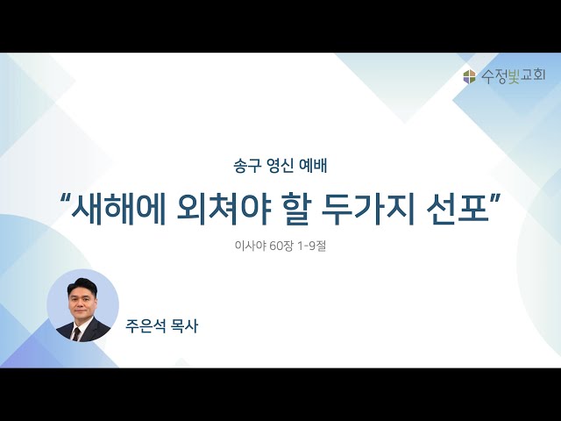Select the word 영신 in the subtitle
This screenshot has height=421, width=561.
[x=274, y=162]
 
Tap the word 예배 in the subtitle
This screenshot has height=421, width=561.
[x=312, y=162]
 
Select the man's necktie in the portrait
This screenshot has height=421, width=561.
[x=76, y=332]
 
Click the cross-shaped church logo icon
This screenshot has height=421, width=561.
[x=470, y=77]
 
